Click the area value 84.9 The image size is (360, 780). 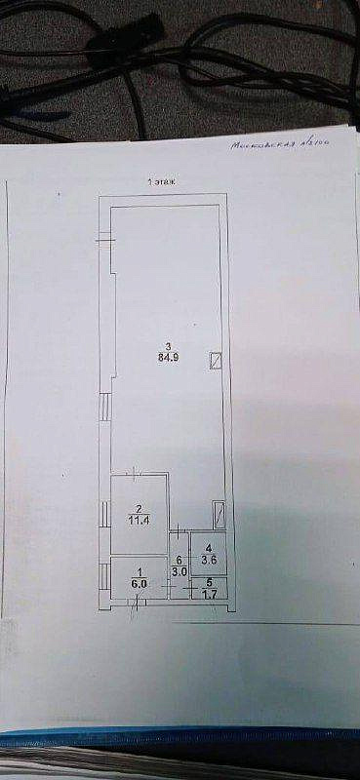(169, 357)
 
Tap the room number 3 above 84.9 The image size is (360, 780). (169, 345)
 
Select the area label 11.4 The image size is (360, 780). (140, 521)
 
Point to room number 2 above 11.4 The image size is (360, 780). (140, 509)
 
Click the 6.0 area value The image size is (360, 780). (140, 584)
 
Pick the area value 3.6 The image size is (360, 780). (208, 559)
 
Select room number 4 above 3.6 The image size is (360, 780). (208, 547)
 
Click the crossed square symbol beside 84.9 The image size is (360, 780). (216, 362)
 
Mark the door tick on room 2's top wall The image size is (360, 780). (136, 473)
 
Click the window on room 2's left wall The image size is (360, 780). (104, 512)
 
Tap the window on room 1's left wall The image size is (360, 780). (104, 574)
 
